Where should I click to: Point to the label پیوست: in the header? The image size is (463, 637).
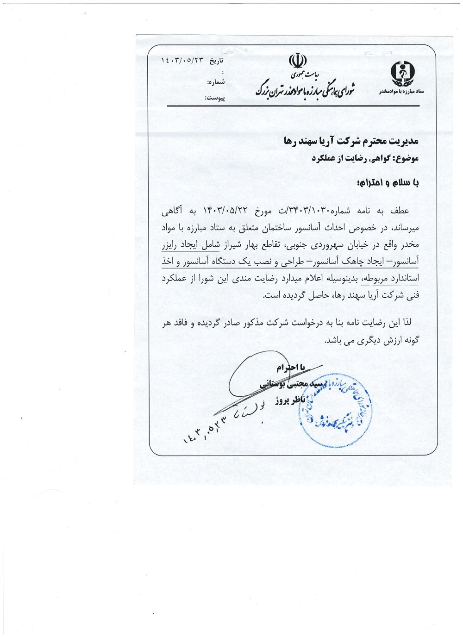click(x=214, y=99)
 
